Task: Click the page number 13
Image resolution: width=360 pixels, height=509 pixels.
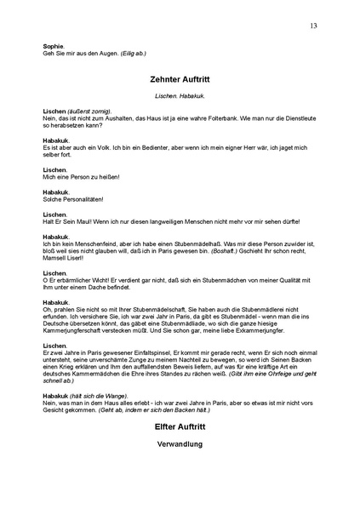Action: pos(314,26)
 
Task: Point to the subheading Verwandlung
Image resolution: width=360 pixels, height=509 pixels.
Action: pos(179,443)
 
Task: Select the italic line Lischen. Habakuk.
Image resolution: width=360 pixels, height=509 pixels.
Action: pos(179,95)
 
